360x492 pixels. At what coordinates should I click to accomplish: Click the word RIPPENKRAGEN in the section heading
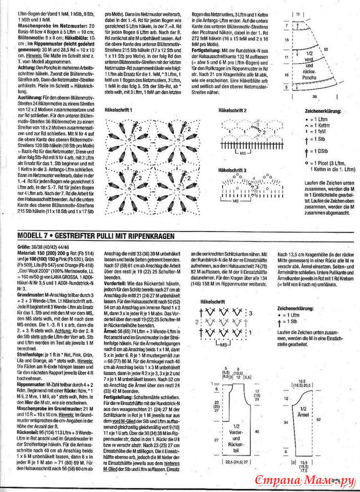(151, 235)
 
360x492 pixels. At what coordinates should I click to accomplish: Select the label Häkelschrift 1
(118, 110)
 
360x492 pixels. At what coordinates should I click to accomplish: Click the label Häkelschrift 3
(232, 170)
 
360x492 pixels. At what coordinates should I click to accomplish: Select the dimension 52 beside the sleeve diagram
(334, 419)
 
